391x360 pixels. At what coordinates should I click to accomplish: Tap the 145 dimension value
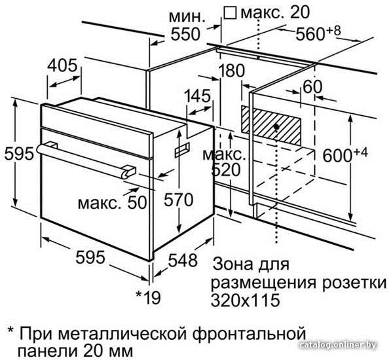coord(198,96)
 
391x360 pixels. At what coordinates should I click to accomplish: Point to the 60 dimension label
coord(312,87)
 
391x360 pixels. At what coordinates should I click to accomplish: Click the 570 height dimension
coord(178,200)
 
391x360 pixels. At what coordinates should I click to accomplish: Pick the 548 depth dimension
coord(183,261)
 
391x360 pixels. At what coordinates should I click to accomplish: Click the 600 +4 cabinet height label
coord(345,154)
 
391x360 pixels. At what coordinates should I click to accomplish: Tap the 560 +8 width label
coord(318,33)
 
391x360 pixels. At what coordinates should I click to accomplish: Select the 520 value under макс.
coord(226,170)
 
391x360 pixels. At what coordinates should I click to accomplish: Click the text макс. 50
coord(112,203)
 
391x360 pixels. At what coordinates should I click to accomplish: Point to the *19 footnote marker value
coord(148,297)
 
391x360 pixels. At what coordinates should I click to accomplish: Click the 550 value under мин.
coord(185,34)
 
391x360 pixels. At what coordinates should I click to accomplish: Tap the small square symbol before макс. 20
coord(230,12)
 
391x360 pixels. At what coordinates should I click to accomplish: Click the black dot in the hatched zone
coord(276,127)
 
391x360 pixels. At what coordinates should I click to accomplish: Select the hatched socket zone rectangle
coord(271,126)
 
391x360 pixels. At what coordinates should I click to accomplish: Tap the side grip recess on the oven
coord(182,151)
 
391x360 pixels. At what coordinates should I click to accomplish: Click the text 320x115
coord(246,300)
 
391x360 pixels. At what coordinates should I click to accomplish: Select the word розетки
coord(354,283)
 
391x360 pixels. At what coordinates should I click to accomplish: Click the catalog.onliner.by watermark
coord(339,345)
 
